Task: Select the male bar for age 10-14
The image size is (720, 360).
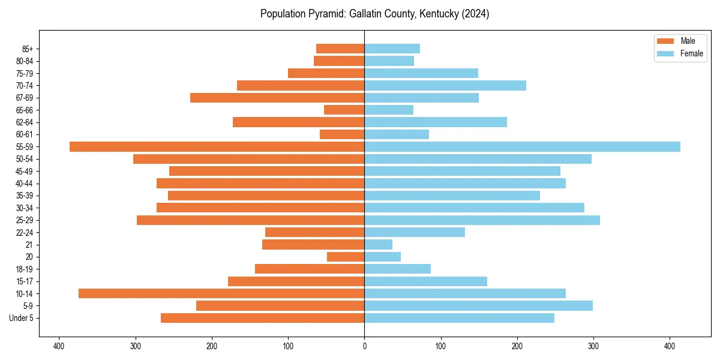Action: [221, 293]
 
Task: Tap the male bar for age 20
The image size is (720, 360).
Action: [346, 257]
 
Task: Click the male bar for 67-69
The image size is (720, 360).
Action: [277, 98]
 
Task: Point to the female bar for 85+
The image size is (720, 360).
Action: [392, 49]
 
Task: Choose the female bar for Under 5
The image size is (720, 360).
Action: [459, 318]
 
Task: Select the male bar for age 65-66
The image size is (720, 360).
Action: [344, 110]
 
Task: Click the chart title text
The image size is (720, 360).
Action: [374, 14]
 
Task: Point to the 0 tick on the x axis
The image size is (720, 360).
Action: [364, 346]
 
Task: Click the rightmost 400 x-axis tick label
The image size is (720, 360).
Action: [670, 346]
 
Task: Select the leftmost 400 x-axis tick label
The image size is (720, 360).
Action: [59, 346]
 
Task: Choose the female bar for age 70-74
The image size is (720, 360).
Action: [445, 86]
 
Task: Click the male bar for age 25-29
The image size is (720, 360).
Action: [250, 220]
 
